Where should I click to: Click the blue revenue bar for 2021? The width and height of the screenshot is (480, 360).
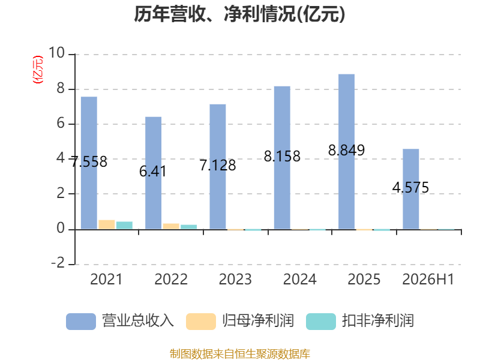(x=89, y=163)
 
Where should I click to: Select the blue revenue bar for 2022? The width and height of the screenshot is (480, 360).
(x=154, y=173)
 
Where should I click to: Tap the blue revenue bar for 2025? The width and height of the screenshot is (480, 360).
(x=347, y=152)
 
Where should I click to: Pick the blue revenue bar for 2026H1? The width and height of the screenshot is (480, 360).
(x=411, y=189)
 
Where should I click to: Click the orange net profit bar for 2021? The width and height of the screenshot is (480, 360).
(x=107, y=224)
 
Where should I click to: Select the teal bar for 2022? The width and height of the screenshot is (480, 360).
(x=189, y=227)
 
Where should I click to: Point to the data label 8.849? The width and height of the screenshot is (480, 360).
(x=347, y=151)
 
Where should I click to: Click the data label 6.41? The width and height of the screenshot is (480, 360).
(x=153, y=172)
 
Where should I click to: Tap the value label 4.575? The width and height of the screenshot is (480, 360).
(x=410, y=187)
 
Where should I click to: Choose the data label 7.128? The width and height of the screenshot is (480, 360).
(x=218, y=166)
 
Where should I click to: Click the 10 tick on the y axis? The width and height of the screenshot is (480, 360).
(x=56, y=53)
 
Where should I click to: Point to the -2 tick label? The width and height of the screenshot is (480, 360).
(x=58, y=263)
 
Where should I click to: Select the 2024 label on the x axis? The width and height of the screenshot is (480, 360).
(x=299, y=279)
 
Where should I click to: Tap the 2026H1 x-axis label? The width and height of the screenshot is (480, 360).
(x=428, y=279)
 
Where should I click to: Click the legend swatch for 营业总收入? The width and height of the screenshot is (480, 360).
(x=81, y=322)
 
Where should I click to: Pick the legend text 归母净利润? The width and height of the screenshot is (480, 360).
(x=258, y=321)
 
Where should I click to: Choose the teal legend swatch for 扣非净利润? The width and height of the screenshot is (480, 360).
(x=321, y=322)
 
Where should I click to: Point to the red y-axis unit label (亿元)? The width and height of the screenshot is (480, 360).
(x=38, y=70)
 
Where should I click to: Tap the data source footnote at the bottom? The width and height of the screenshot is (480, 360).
(x=239, y=354)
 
